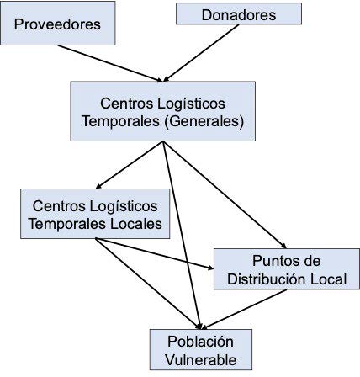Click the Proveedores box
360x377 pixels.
click(x=58, y=23)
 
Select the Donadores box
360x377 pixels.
click(x=239, y=13)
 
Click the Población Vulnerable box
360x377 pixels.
click(x=201, y=349)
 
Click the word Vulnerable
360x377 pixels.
click(x=201, y=360)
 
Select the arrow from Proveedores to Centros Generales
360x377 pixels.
click(x=110, y=63)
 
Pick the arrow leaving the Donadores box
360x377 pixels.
click(x=201, y=53)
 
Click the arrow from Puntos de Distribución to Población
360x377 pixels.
click(x=244, y=309)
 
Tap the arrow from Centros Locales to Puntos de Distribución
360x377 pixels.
click(x=154, y=253)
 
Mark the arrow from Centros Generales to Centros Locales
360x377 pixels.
click(x=130, y=165)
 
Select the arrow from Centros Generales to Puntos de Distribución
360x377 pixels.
click(x=225, y=194)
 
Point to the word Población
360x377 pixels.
click(x=200, y=342)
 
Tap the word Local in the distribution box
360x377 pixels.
click(x=328, y=279)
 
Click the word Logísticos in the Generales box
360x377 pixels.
click(x=191, y=104)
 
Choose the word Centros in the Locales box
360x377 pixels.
click(x=59, y=206)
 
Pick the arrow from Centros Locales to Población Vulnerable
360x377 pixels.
click(x=148, y=284)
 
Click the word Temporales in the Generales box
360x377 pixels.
click(x=120, y=121)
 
